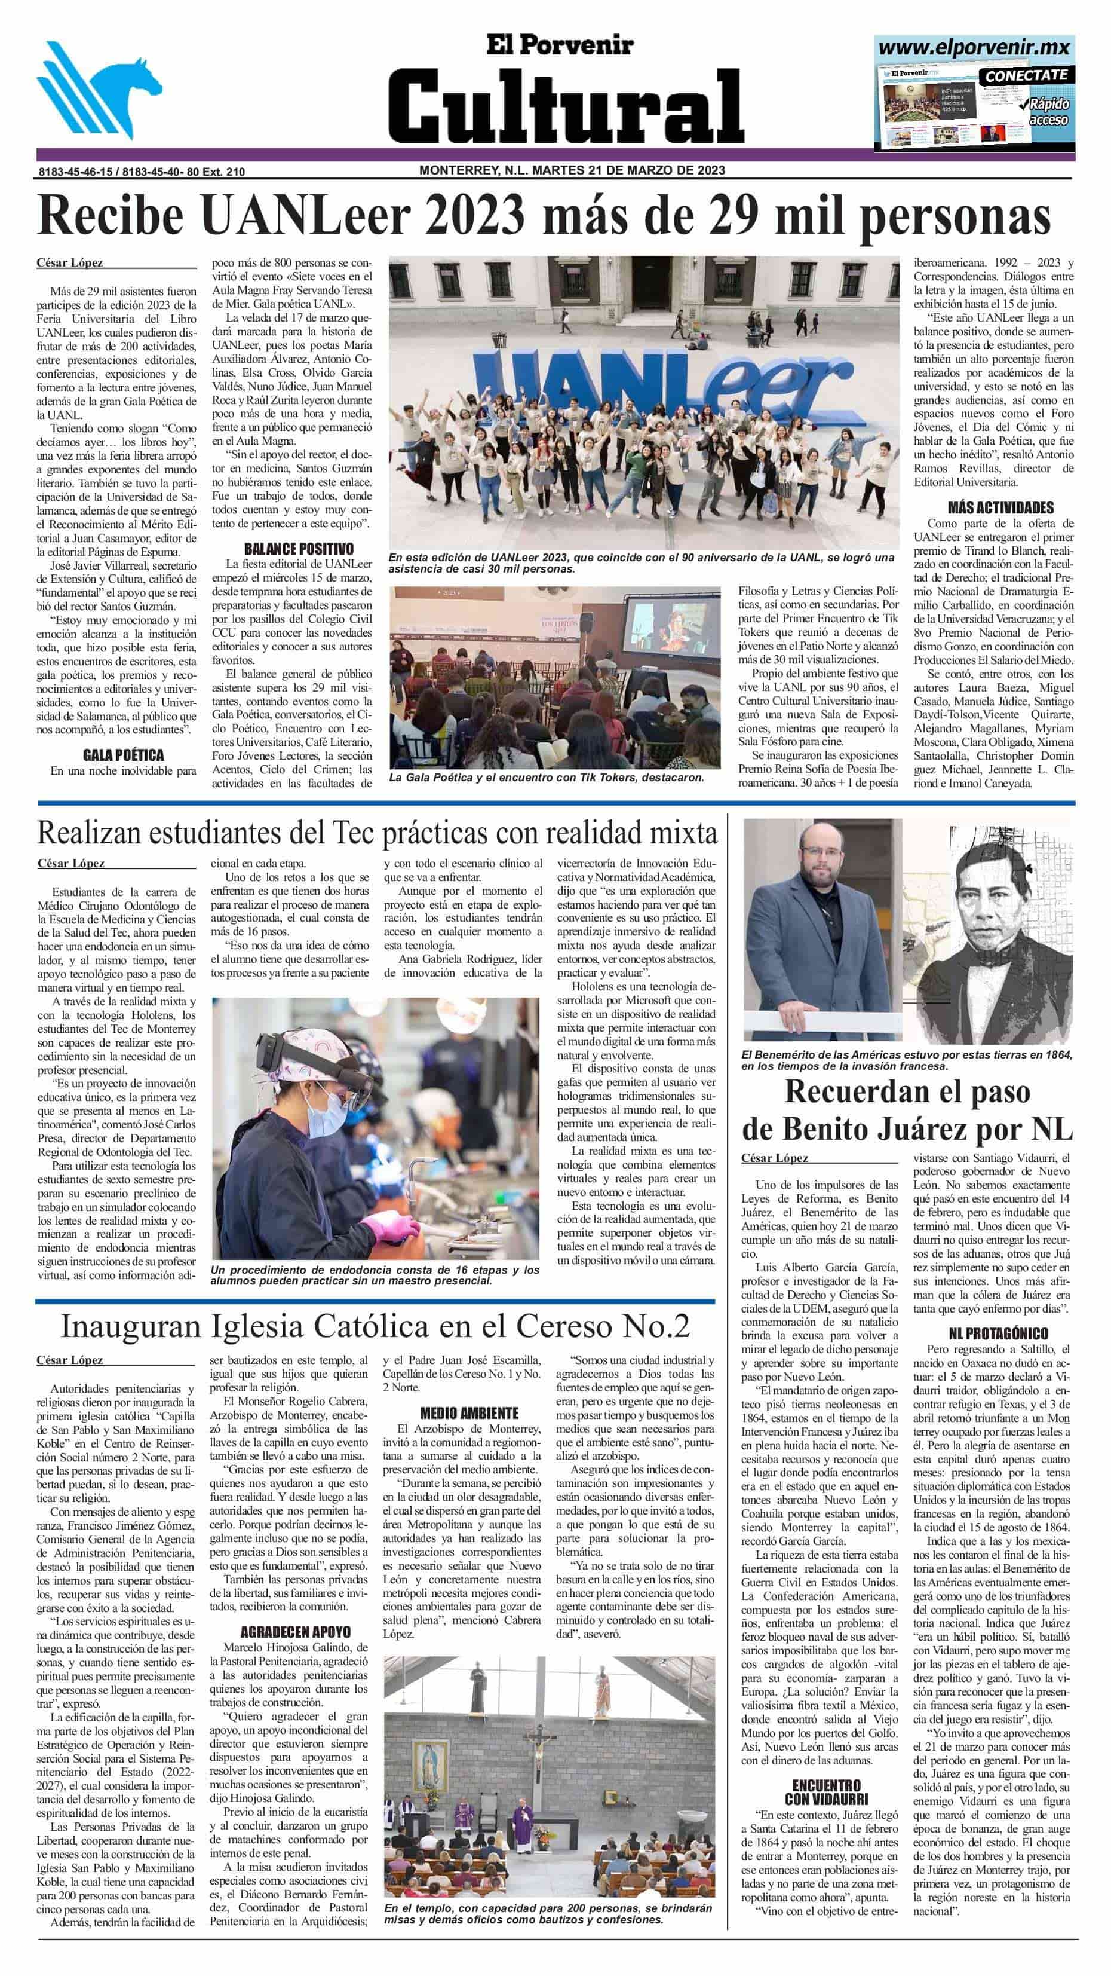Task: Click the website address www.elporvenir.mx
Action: coord(973,48)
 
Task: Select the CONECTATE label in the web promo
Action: coord(1026,75)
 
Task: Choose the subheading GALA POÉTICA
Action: coord(124,755)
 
